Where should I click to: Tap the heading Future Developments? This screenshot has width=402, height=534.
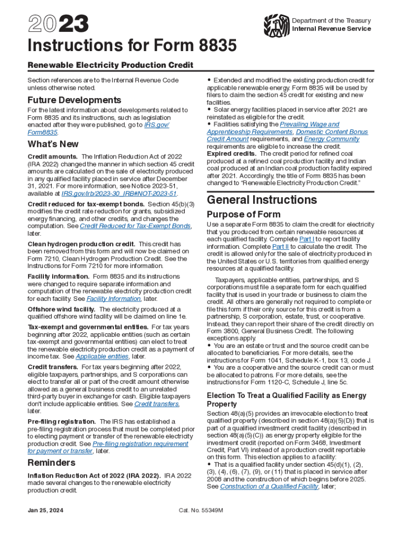74,100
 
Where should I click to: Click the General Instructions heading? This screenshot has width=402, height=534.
262,200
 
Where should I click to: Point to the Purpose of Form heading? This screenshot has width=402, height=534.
243,214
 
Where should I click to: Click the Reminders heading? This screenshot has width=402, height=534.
51,463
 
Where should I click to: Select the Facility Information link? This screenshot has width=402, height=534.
113,299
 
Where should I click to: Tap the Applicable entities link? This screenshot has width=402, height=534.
102,356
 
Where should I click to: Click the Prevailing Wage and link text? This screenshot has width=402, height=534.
309,125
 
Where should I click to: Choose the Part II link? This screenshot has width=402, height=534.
281,247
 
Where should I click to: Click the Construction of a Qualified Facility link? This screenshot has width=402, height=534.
269,487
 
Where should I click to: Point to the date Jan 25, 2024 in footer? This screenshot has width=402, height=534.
45,511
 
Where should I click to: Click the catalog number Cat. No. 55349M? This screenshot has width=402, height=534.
200,511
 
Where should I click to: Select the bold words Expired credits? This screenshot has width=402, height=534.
231,154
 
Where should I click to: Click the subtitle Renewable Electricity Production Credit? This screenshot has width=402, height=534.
110,65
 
